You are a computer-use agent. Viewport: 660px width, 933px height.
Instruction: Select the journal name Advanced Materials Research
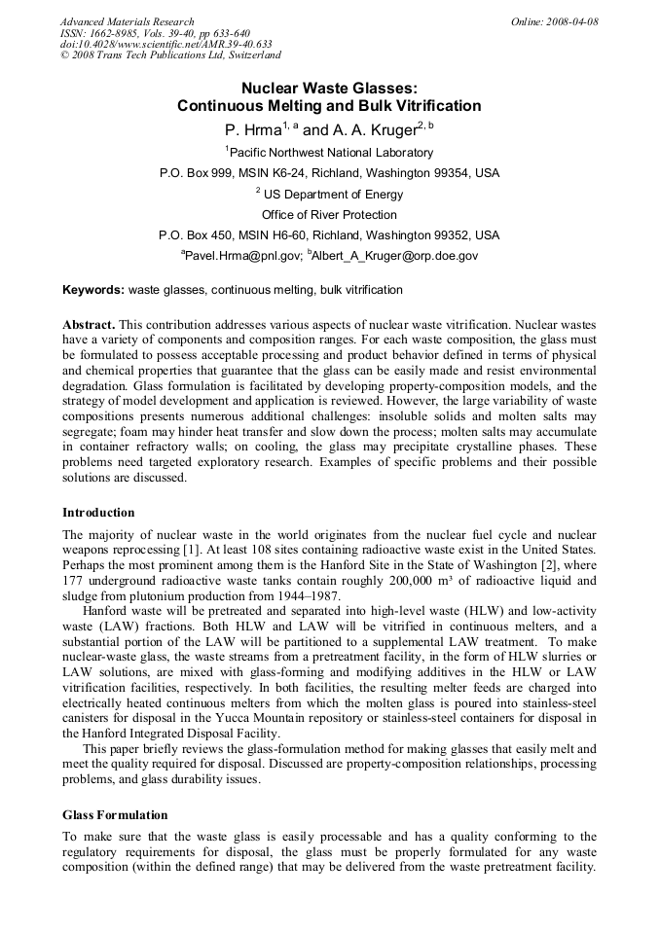coord(127,21)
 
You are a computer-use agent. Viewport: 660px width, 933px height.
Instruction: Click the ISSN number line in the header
coord(155,33)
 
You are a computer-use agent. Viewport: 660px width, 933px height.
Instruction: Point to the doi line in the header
coord(165,44)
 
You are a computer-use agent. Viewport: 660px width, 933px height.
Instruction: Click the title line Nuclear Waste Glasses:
coord(329,88)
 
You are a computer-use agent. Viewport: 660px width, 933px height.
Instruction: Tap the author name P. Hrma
coord(249,128)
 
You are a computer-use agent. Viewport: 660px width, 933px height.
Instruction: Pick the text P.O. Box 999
coord(198,173)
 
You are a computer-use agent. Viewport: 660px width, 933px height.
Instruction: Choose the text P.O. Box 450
coord(198,235)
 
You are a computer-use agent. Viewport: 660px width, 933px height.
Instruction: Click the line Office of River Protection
coord(329,215)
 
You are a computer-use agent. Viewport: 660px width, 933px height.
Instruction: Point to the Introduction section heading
coord(98,512)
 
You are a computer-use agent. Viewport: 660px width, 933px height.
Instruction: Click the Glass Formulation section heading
coord(115,814)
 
